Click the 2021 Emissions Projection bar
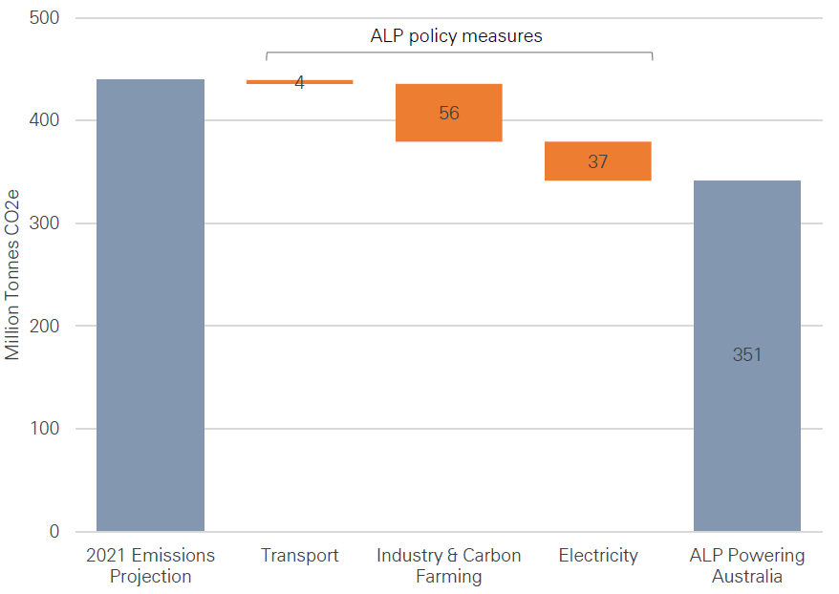[150, 306]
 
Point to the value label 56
[448, 113]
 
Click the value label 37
[597, 161]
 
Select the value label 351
[746, 355]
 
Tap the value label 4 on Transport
[299, 83]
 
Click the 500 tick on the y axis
[43, 18]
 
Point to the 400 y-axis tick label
[43, 120]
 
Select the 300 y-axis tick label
[43, 223]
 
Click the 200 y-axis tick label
[43, 326]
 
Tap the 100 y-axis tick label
[43, 429]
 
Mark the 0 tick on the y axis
[54, 532]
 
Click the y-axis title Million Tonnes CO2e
[12, 275]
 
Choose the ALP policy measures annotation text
[456, 36]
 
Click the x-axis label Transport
[299, 556]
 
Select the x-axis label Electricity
[597, 556]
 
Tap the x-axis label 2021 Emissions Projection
[150, 565]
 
